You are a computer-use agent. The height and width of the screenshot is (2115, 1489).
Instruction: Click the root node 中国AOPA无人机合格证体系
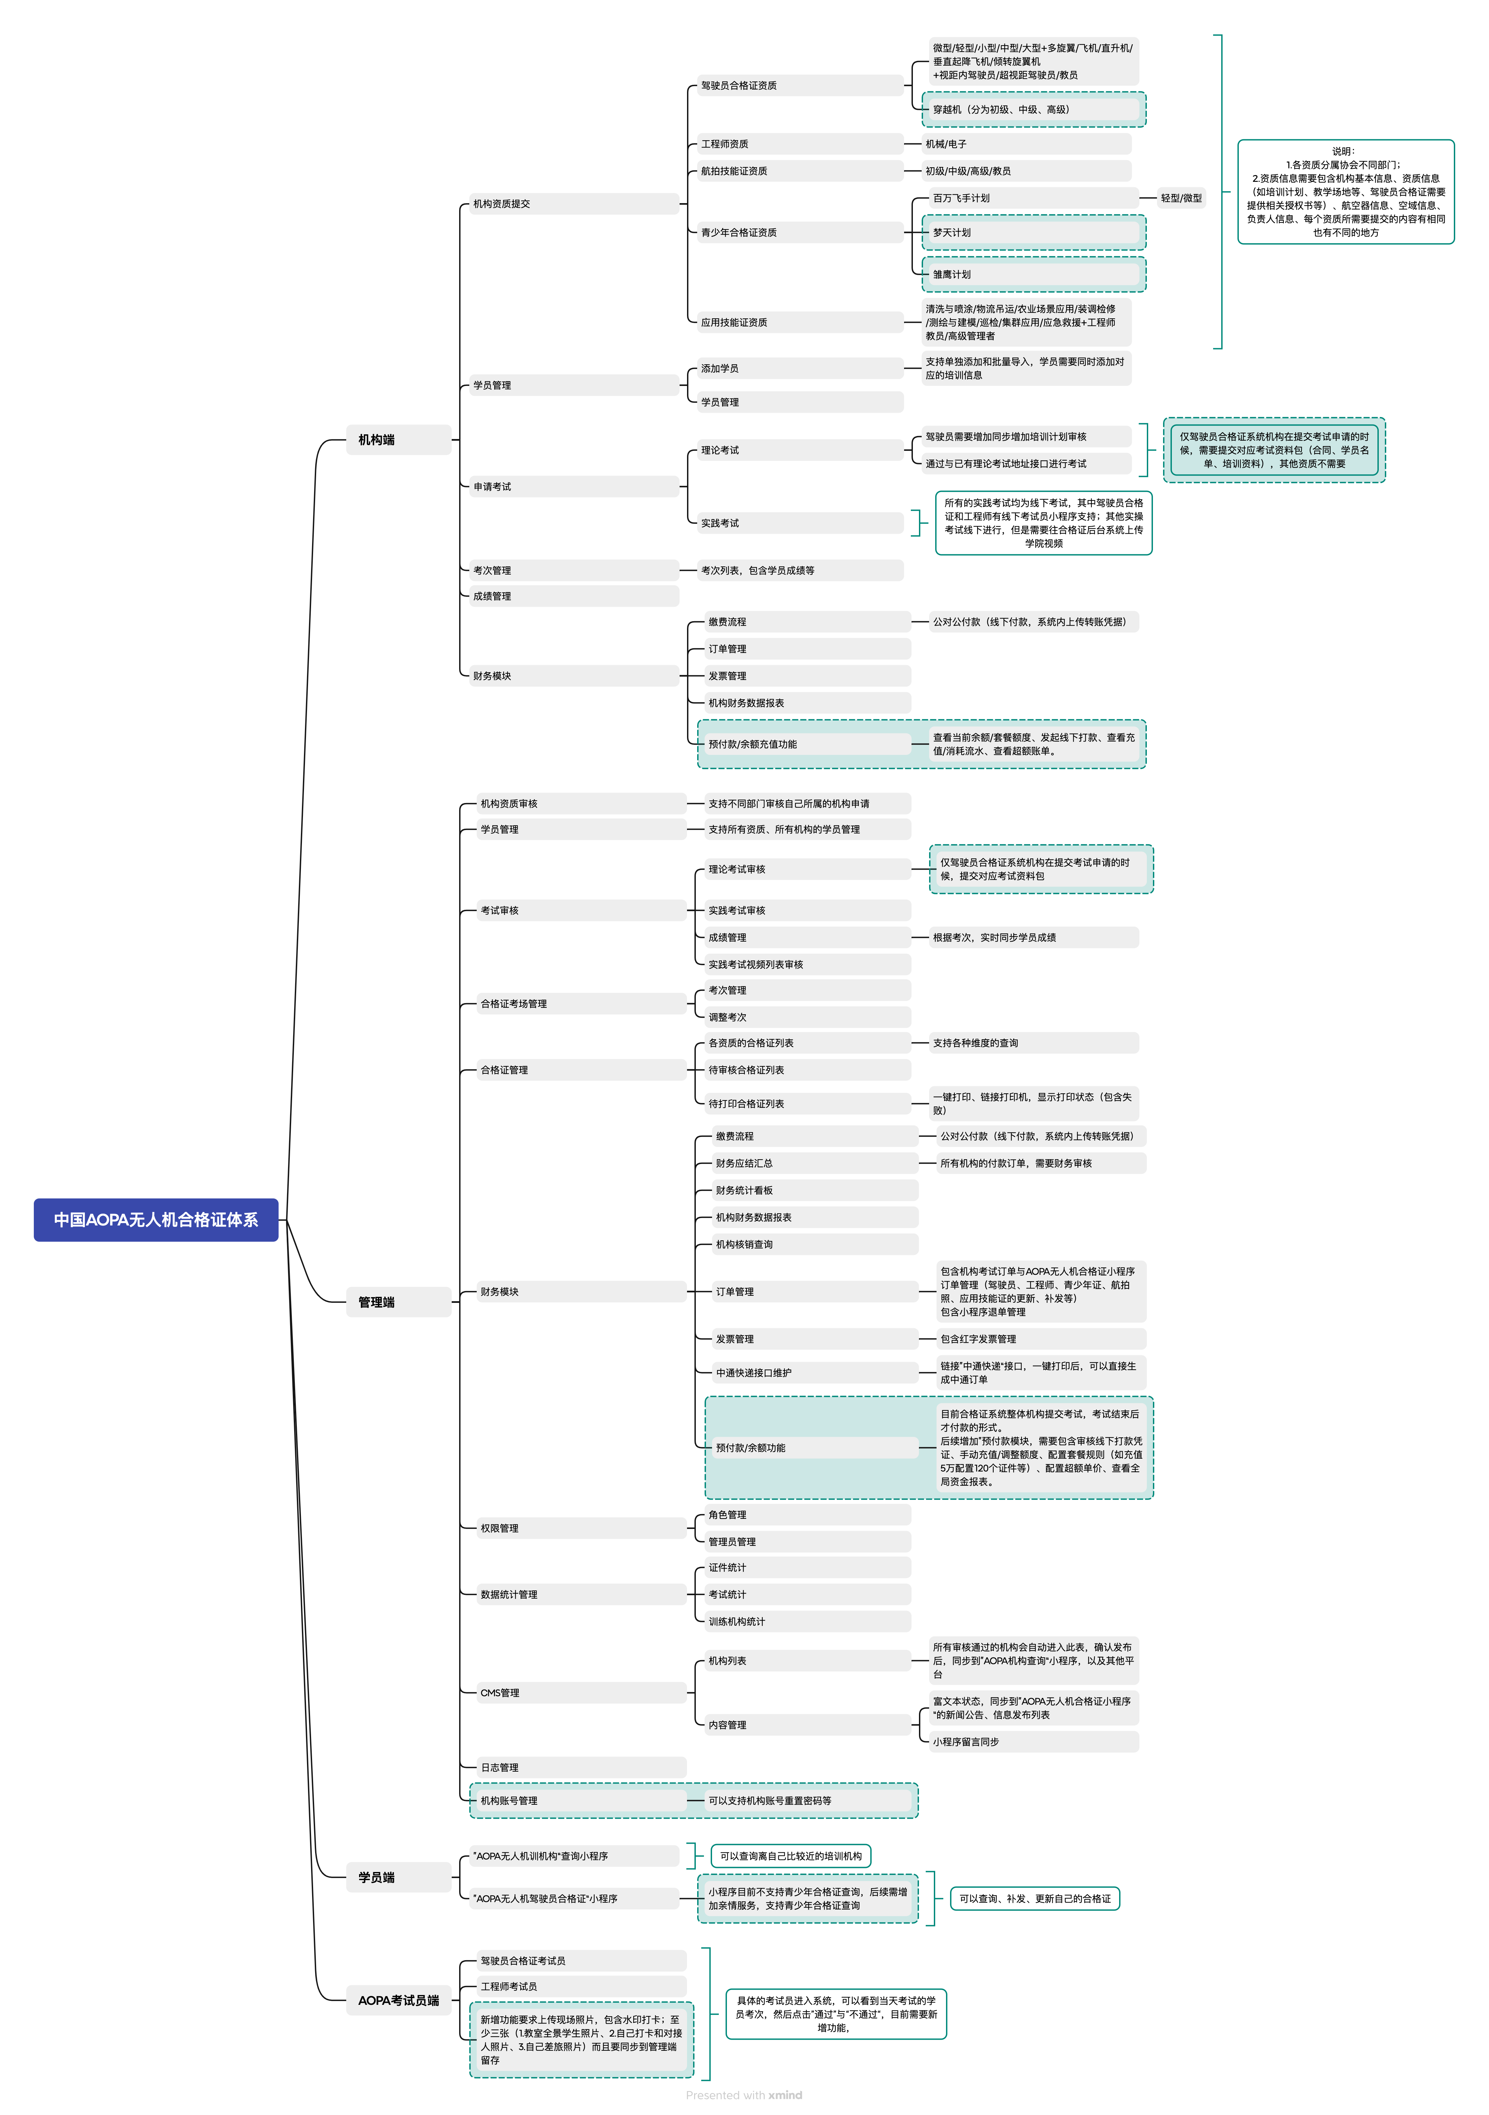156,1220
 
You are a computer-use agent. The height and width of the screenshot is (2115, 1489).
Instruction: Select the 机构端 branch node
398,439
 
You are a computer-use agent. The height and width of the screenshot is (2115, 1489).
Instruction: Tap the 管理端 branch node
398,1302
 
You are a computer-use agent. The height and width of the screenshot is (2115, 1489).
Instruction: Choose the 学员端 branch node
398,1877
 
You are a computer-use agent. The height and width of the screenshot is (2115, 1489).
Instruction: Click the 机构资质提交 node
571,203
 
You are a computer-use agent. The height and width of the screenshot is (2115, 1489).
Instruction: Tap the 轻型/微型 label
1181,198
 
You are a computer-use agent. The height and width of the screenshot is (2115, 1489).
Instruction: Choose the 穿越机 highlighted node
1034,110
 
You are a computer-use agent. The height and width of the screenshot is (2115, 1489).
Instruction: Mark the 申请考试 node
571,486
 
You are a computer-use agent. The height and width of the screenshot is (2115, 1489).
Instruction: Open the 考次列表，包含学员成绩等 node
800,570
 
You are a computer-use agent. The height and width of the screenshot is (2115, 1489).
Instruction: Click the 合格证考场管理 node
581,1004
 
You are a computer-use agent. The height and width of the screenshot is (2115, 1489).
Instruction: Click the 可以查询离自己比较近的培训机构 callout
790,1856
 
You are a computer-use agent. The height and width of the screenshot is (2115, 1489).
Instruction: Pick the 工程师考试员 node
581,1986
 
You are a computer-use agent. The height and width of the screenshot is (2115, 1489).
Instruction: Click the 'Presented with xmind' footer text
743,2095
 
